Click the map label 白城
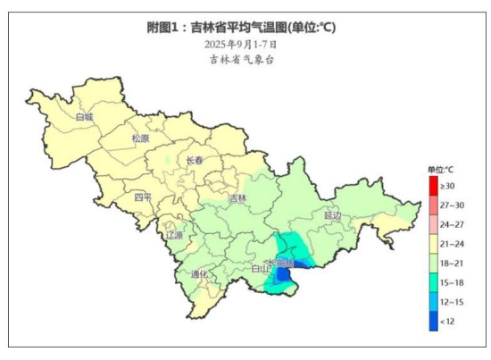click(x=84, y=117)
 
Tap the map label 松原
click(x=141, y=139)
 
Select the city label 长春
click(x=195, y=161)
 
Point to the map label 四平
click(x=144, y=197)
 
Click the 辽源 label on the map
click(x=173, y=236)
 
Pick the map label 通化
click(x=200, y=274)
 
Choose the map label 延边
click(x=333, y=215)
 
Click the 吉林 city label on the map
click(x=237, y=198)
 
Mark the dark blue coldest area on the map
click(x=284, y=276)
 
